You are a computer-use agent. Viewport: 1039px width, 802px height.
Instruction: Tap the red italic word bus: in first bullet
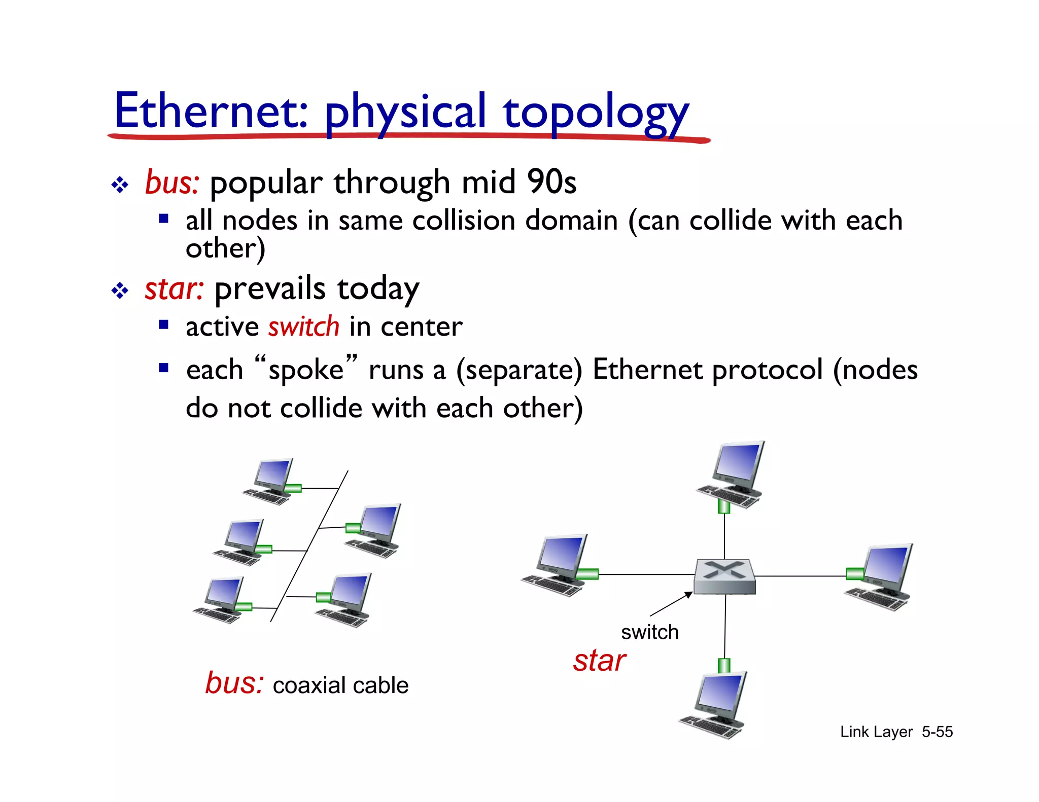coord(172,183)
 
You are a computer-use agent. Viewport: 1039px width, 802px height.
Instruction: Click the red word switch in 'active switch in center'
coord(303,326)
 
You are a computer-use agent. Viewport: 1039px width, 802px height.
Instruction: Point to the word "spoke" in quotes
coord(306,369)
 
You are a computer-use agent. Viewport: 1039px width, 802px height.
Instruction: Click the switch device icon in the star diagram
coord(724,576)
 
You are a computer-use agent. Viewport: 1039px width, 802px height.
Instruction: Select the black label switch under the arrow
coord(649,632)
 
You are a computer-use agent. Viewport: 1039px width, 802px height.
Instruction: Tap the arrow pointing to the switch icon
coord(671,604)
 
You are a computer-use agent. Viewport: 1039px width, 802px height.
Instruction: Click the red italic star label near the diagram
coord(599,661)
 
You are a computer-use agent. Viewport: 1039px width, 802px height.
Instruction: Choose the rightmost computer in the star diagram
coord(880,577)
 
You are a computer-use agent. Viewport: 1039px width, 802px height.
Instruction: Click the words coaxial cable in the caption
coord(340,685)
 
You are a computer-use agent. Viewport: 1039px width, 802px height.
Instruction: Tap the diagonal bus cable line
coord(309,546)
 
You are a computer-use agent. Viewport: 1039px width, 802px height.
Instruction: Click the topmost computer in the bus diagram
coord(269,481)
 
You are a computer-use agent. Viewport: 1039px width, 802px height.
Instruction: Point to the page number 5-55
coord(937,732)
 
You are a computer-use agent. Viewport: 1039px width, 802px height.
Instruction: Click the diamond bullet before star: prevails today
coord(120,291)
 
